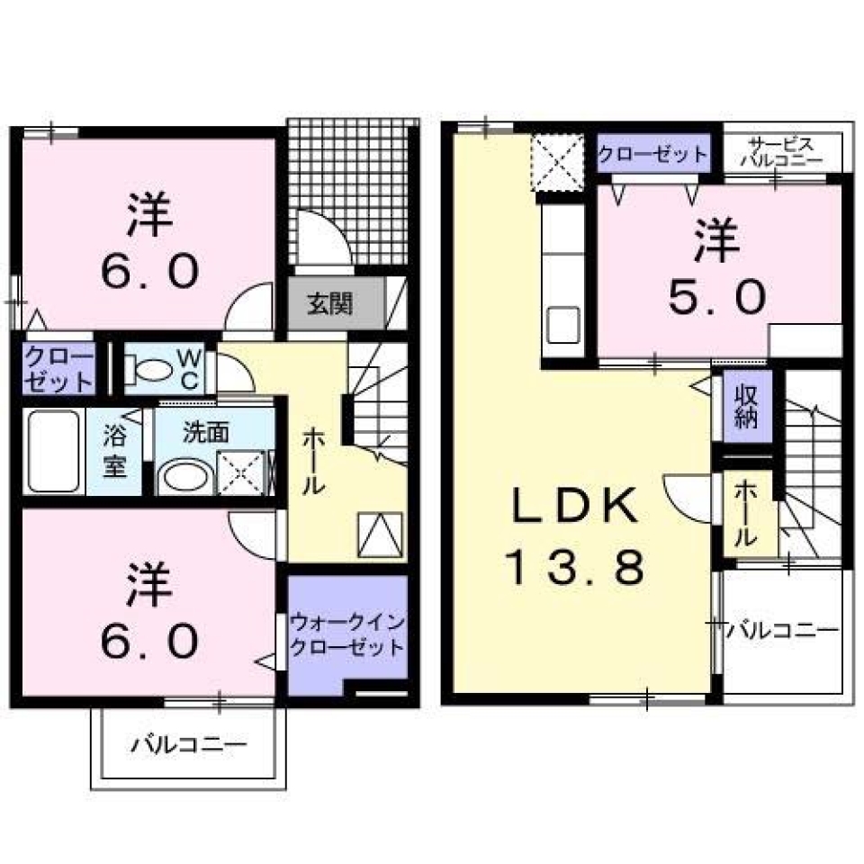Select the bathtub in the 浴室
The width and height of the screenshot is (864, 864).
53,450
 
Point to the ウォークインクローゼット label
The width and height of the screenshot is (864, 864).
347,635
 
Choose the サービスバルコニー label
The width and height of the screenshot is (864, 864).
780,151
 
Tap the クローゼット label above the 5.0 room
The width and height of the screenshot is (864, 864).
653,153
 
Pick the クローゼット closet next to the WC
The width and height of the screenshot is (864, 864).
58,368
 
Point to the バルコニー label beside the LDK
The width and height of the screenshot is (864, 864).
782,629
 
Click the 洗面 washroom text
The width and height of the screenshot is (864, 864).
206,432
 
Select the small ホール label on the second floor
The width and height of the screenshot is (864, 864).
746,512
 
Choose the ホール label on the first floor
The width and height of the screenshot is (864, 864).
312,460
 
